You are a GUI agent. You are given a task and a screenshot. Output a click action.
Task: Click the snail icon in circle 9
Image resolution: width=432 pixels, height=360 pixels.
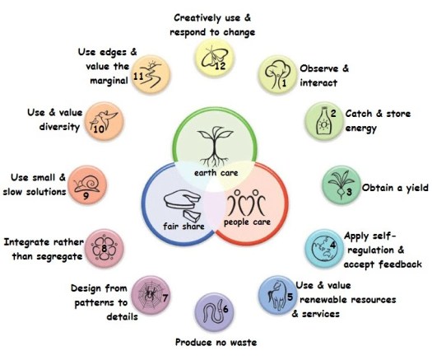coord(86,184)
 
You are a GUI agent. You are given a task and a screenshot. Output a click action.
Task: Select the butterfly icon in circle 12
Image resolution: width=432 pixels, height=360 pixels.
coord(214,57)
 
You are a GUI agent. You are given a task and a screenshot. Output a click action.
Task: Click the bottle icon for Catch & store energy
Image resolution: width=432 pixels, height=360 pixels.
coord(323,121)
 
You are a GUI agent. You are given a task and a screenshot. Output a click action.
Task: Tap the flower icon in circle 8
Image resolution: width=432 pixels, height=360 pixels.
coord(105,248)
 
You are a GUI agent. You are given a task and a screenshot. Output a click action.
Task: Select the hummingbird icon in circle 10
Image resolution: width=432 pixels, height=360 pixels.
coord(105,120)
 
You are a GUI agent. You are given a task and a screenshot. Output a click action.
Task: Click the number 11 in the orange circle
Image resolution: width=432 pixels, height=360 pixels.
coord(138,76)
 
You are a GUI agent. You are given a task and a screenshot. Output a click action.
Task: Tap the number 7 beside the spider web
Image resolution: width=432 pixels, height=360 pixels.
coord(165,298)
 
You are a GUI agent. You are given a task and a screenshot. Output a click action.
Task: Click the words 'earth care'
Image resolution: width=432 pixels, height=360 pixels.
coord(216,173)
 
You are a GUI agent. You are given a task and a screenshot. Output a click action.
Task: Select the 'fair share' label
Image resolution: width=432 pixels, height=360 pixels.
coord(183,227)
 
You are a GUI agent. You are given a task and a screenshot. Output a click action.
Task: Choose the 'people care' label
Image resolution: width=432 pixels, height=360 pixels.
coord(247,222)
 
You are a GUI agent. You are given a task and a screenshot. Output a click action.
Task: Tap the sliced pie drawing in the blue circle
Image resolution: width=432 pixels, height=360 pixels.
coord(183,204)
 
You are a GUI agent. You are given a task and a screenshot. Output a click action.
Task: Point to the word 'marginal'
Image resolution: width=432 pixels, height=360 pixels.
coord(109,81)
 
